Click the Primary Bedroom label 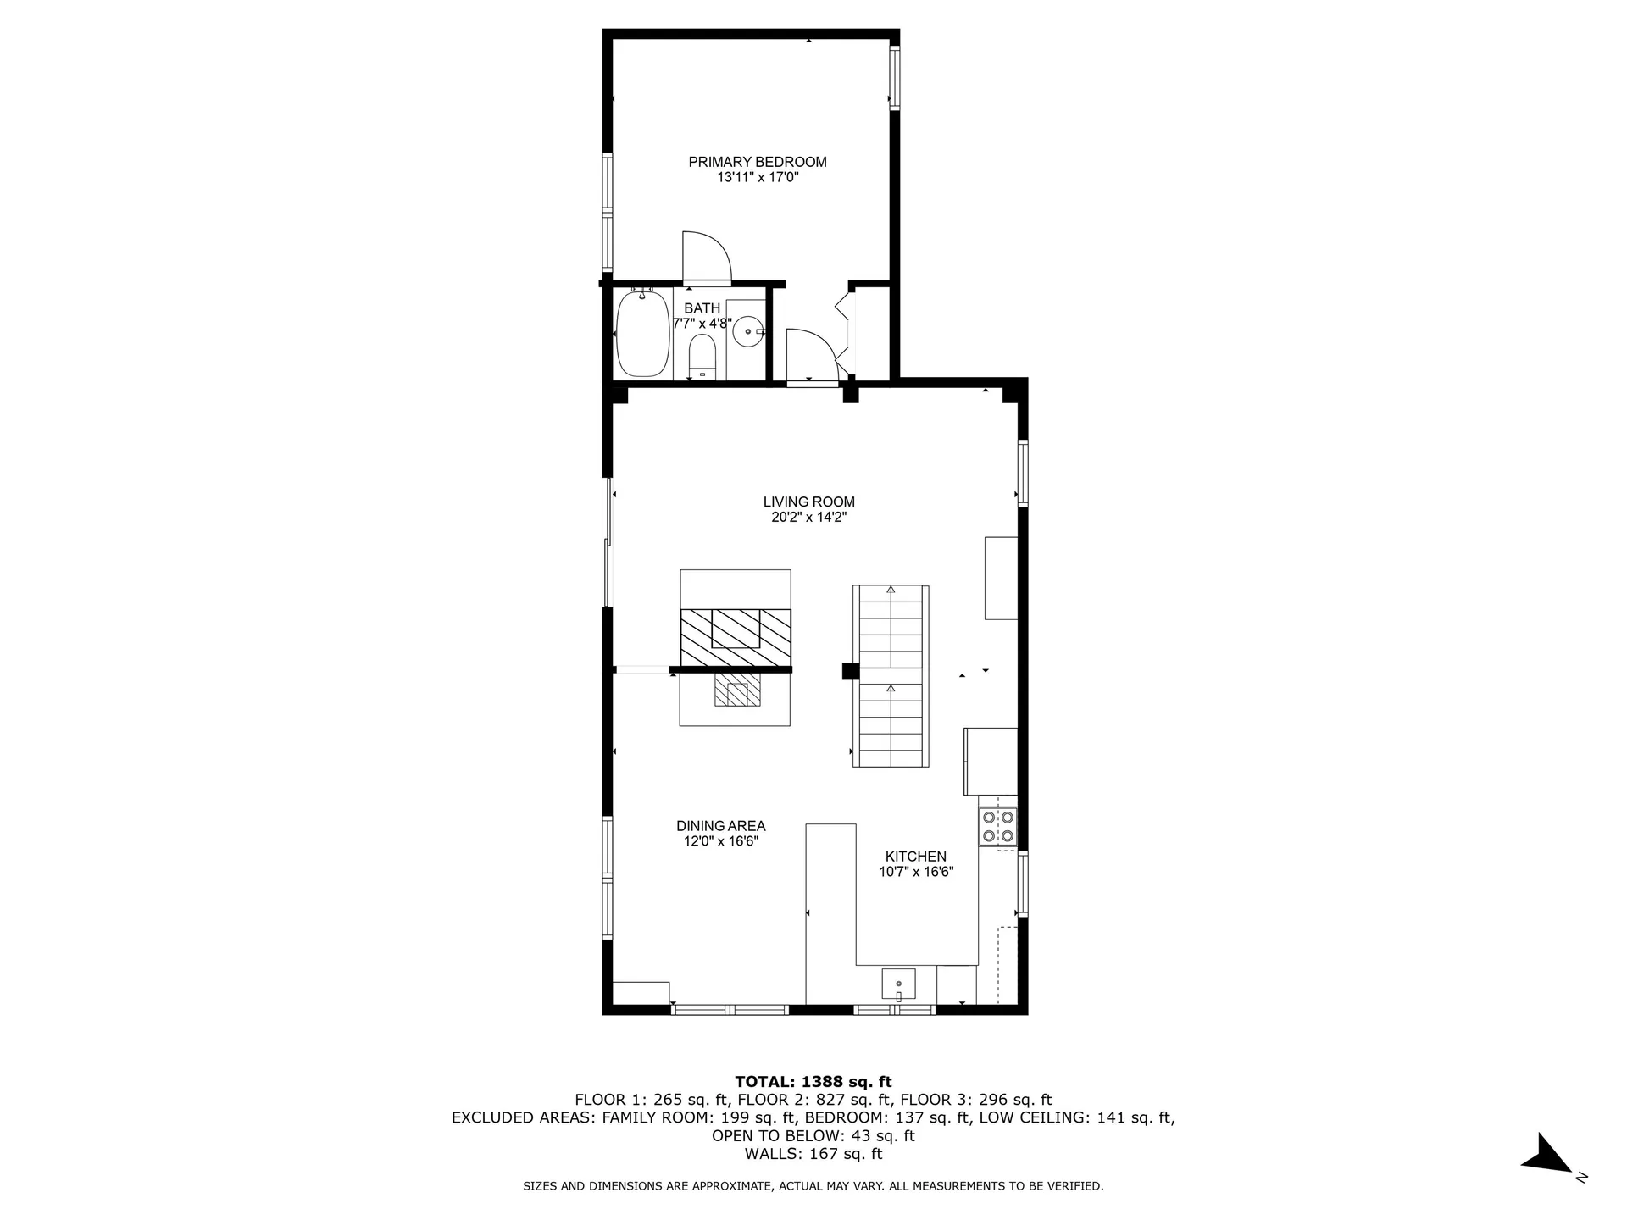(x=757, y=162)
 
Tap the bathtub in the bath (x=641, y=335)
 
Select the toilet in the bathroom (x=702, y=357)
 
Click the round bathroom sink (x=747, y=330)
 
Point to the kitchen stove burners (x=997, y=826)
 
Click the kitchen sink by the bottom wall (x=898, y=984)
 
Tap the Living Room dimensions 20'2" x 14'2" (x=808, y=518)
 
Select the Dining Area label (x=720, y=826)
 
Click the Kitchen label (x=915, y=857)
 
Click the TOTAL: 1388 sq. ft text (x=813, y=1082)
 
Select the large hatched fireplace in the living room (x=736, y=637)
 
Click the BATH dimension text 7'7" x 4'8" (x=702, y=324)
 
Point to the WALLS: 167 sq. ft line (x=813, y=1154)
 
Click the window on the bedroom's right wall (x=893, y=78)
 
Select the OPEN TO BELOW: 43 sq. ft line (x=813, y=1136)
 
